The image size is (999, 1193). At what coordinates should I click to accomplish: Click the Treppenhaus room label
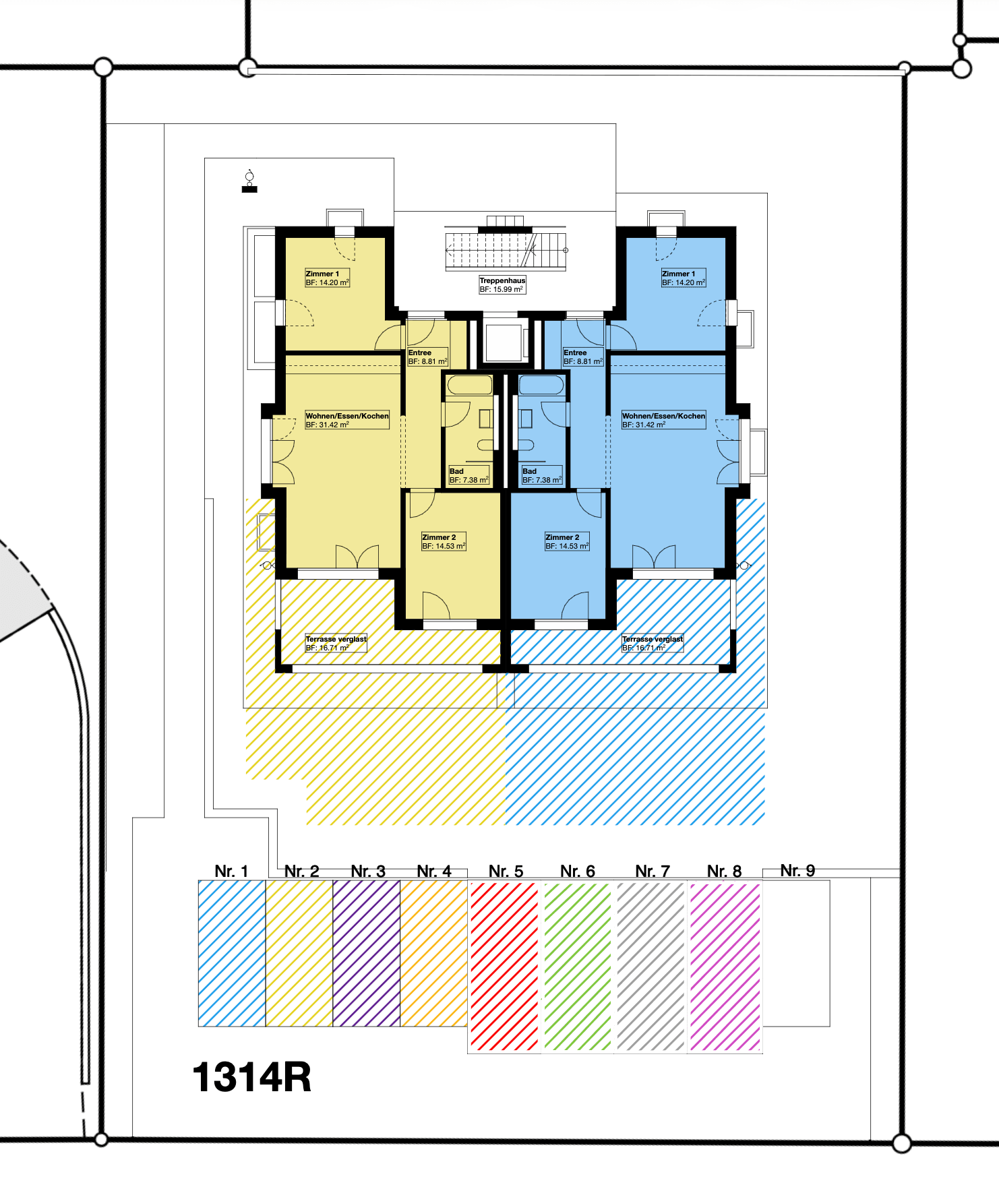tap(502, 284)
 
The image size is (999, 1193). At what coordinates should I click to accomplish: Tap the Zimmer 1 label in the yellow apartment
tap(328, 278)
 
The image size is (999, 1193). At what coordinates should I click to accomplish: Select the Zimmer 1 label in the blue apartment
tap(684, 278)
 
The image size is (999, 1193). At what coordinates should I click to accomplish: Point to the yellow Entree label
tap(428, 357)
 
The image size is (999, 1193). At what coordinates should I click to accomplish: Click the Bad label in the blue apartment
tap(542, 475)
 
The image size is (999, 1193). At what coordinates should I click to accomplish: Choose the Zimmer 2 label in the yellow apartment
tap(444, 541)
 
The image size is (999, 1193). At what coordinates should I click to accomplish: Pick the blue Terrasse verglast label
tap(653, 643)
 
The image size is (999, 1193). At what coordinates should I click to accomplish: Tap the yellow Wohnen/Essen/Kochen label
tap(347, 420)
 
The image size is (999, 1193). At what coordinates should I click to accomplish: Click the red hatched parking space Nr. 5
tap(504, 967)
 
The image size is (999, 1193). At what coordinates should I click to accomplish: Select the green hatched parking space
tap(577, 967)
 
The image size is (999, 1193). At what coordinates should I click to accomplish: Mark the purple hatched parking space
tap(367, 953)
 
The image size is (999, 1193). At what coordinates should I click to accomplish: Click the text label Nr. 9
tap(797, 870)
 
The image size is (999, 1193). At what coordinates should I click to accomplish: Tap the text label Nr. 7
tap(653, 871)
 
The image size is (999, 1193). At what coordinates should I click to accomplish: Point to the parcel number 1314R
tap(252, 1077)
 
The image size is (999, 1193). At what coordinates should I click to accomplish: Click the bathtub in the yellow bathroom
tap(470, 385)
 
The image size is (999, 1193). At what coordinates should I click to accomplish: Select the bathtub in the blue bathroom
tap(541, 385)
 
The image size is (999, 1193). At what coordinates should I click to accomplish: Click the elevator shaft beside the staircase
tap(503, 342)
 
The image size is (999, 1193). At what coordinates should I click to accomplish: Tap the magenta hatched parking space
tap(725, 967)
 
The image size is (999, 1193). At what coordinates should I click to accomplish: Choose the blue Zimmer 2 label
tap(568, 541)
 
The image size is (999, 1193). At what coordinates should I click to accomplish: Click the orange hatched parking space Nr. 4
tap(434, 953)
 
